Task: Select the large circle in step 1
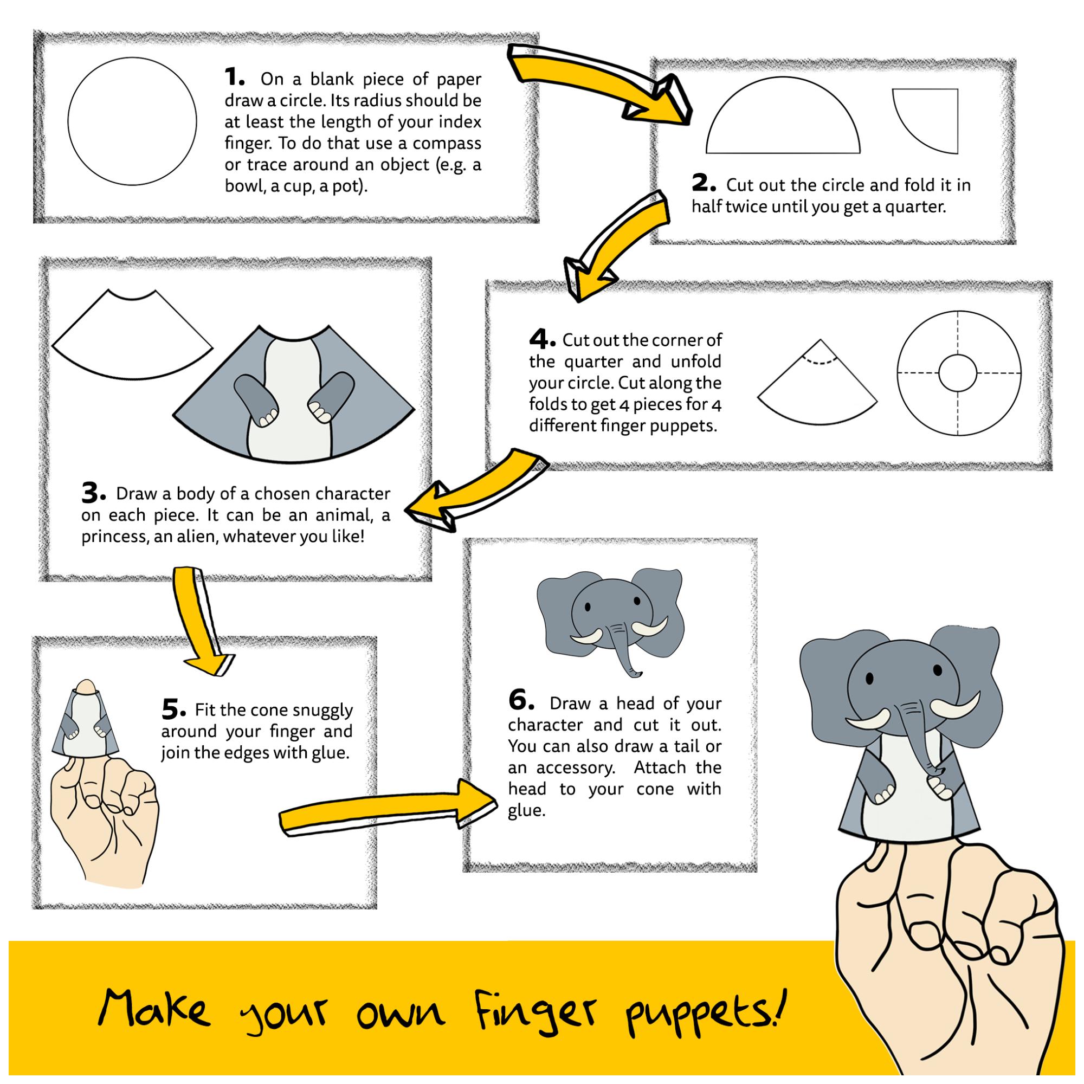(x=132, y=121)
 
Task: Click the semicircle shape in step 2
(x=783, y=124)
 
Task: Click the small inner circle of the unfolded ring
(x=958, y=373)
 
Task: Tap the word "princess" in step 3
(x=114, y=537)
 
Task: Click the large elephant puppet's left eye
(x=869, y=679)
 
